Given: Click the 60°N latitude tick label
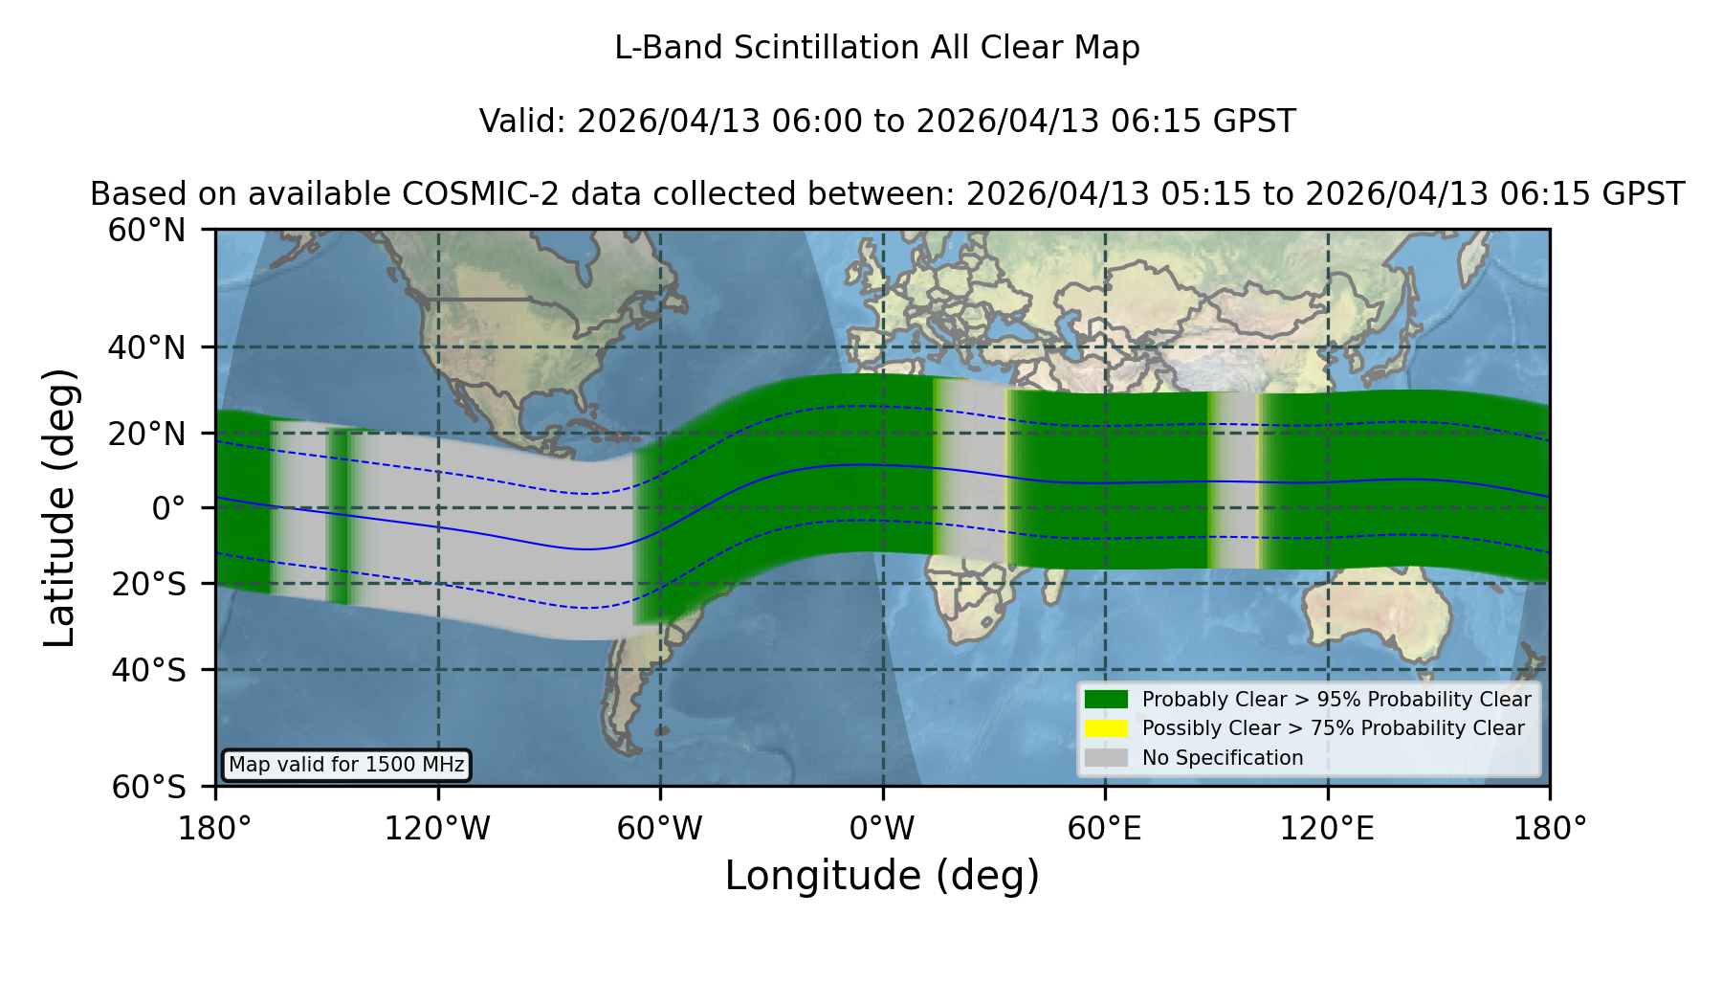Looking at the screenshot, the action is tap(146, 231).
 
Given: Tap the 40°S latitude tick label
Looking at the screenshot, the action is tap(148, 670).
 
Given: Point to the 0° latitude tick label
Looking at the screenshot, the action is tap(168, 508).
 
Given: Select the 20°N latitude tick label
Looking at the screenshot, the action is tap(146, 434).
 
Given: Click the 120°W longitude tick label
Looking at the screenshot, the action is tap(437, 829).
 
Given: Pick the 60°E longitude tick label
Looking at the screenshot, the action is tap(1105, 829).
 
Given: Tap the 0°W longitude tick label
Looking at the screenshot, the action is tap(882, 829).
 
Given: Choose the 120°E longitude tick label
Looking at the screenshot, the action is tap(1327, 829).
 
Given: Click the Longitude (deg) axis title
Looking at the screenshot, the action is tap(882, 876).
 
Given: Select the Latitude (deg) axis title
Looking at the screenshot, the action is tap(59, 507).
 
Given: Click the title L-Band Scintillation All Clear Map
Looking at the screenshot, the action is tap(877, 48).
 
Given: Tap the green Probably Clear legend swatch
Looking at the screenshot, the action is tap(1106, 700).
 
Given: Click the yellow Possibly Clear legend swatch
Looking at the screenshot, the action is tap(1106, 728).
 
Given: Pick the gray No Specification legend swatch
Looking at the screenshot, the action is tap(1106, 758).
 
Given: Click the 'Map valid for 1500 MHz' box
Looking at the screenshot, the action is tap(346, 765).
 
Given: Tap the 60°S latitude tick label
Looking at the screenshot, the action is tap(148, 787).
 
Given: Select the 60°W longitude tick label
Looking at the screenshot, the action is tap(659, 829).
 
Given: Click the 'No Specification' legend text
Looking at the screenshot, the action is tap(1223, 758).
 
